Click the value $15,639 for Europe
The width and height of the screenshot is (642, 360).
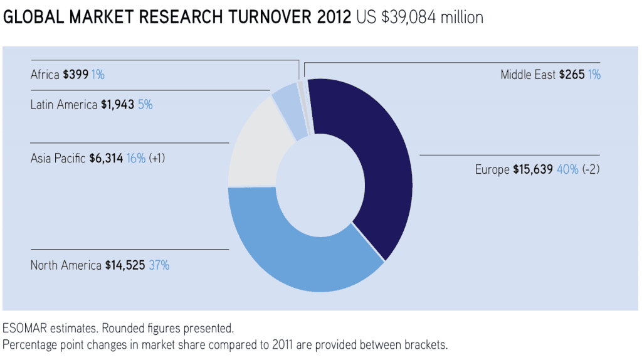[532, 169]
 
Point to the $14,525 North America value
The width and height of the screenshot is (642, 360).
[125, 265]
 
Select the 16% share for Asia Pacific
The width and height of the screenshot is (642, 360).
[136, 158]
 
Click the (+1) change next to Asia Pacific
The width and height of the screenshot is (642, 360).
[157, 158]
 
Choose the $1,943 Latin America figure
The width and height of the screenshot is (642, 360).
[117, 105]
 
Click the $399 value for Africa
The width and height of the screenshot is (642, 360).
[75, 75]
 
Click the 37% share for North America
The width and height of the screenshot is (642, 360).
[159, 265]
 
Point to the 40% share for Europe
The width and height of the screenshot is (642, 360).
[567, 169]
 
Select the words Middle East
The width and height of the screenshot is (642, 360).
[528, 75]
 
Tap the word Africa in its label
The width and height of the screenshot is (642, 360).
[45, 75]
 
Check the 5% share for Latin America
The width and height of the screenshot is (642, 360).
[145, 105]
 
